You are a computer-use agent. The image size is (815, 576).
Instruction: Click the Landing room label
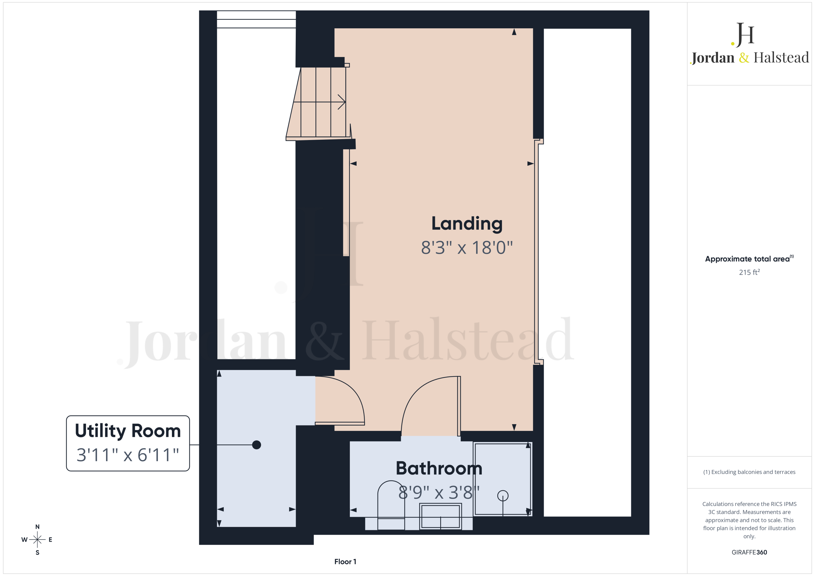pyautogui.click(x=467, y=224)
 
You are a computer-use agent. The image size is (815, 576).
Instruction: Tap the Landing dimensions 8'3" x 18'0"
pyautogui.click(x=467, y=248)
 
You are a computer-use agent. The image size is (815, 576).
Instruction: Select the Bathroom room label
pyautogui.click(x=439, y=468)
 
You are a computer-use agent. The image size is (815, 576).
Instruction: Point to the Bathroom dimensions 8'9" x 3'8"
pyautogui.click(x=439, y=492)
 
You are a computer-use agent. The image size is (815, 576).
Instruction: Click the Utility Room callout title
pyautogui.click(x=128, y=431)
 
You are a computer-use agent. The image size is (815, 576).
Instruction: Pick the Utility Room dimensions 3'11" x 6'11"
pyautogui.click(x=128, y=455)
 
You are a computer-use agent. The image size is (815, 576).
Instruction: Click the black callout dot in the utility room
pyautogui.click(x=256, y=445)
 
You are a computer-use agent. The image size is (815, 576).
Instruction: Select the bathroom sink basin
pyautogui.click(x=441, y=516)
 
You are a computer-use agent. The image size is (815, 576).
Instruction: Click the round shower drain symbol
pyautogui.click(x=503, y=496)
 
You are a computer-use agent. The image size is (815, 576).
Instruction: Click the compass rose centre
pyautogui.click(x=37, y=540)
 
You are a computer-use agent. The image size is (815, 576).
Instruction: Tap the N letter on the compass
pyautogui.click(x=37, y=527)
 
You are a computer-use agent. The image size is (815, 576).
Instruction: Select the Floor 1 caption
pyautogui.click(x=345, y=561)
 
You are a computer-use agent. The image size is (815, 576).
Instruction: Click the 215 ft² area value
pyautogui.click(x=749, y=272)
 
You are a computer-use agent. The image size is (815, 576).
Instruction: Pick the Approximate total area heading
pyautogui.click(x=749, y=259)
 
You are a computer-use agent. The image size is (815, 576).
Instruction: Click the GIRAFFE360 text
pyautogui.click(x=749, y=552)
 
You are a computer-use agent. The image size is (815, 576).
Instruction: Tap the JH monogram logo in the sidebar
pyautogui.click(x=743, y=35)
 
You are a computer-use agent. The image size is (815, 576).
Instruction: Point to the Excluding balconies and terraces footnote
pyautogui.click(x=749, y=472)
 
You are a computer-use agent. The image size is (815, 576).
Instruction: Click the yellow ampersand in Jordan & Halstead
pyautogui.click(x=744, y=58)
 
